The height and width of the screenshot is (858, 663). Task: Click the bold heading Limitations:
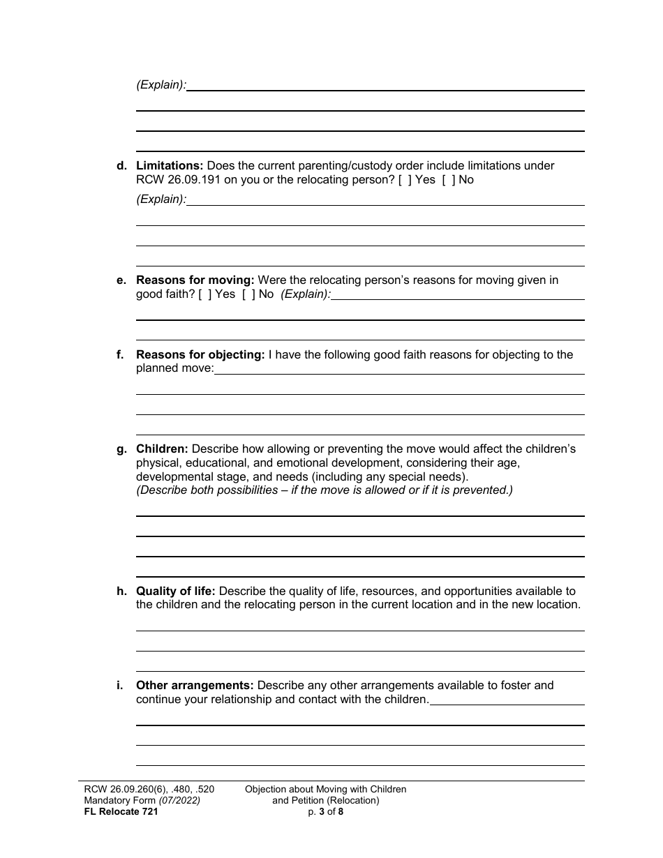coord(170,166)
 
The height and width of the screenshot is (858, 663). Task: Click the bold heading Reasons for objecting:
coord(200,355)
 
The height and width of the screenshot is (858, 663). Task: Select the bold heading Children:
coord(162,449)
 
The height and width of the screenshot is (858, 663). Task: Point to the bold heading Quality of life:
coord(176,592)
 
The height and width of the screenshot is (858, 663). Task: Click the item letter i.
coord(119,686)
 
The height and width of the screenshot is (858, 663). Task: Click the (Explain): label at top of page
coord(161,85)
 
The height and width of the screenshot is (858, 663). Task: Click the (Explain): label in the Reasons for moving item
coord(306,294)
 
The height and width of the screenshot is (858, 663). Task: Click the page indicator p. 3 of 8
coord(325,811)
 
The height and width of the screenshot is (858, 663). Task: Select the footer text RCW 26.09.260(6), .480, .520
coord(149,790)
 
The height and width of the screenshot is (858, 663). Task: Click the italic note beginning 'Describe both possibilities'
coord(325,490)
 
